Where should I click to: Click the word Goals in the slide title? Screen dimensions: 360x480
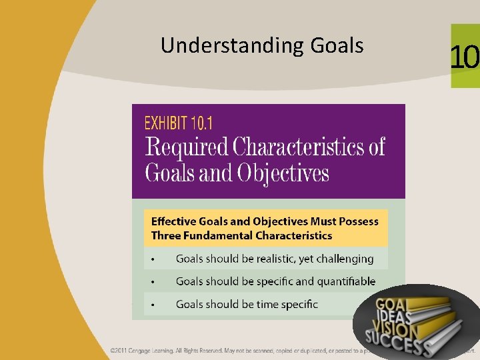(x=337, y=46)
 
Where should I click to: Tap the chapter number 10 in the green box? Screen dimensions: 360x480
(x=464, y=57)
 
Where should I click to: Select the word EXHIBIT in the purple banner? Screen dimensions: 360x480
(x=167, y=123)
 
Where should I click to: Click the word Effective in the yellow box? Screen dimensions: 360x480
(x=173, y=221)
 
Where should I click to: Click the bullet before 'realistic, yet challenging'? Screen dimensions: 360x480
(x=153, y=259)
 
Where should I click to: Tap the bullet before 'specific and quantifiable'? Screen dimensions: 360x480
(x=153, y=282)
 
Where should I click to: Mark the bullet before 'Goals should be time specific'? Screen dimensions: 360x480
(x=153, y=305)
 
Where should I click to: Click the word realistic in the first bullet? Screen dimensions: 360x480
(x=272, y=259)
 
